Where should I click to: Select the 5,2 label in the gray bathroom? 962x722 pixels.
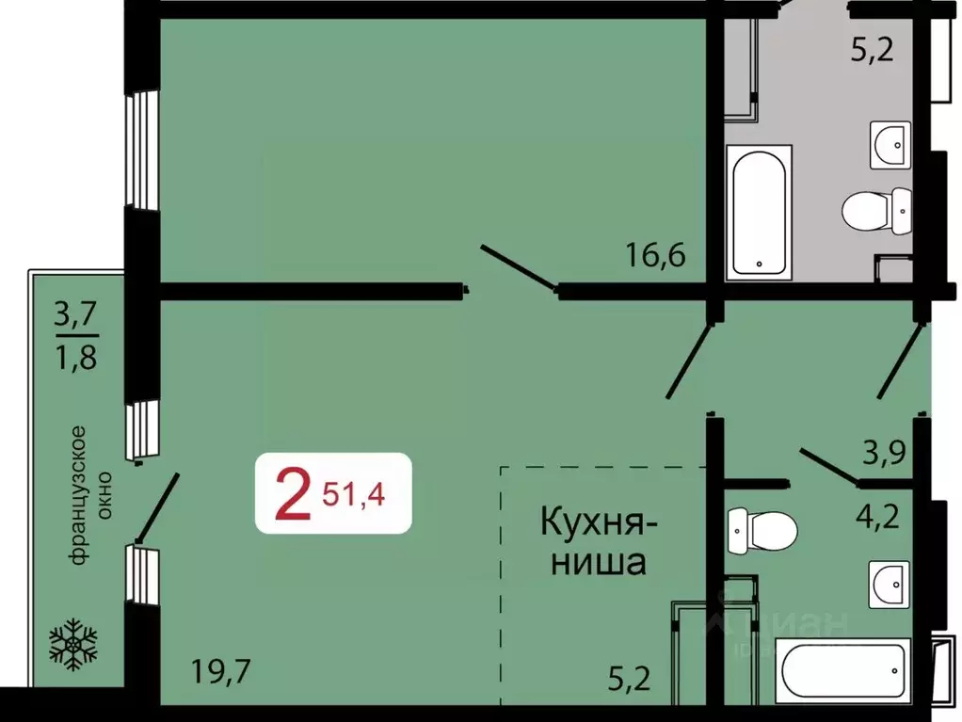click(872, 49)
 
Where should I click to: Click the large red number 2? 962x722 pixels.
click(292, 497)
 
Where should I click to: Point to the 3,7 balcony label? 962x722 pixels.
click(76, 312)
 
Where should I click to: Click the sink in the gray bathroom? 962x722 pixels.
click(890, 144)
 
